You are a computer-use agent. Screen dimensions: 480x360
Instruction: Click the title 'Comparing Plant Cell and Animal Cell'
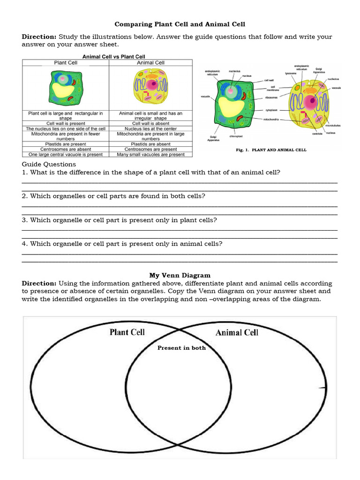click(180, 24)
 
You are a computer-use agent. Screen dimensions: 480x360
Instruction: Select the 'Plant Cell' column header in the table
click(66, 63)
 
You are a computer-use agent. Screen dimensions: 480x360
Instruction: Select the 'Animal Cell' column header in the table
click(150, 63)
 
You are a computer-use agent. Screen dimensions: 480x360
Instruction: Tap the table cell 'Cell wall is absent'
click(150, 123)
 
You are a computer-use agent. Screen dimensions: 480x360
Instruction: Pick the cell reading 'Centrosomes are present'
click(150, 149)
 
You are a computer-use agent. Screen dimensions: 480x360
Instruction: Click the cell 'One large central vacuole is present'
click(66, 154)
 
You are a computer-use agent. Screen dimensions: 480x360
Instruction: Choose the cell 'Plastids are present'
click(66, 144)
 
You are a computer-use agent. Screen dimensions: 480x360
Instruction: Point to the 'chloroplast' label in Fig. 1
click(236, 136)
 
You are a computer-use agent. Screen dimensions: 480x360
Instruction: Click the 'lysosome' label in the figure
click(291, 73)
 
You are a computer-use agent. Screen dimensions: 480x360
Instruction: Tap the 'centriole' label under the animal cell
click(317, 134)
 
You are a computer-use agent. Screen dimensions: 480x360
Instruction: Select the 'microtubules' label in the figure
click(333, 125)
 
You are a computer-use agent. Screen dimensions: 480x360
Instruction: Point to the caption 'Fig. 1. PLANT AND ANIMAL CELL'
click(271, 150)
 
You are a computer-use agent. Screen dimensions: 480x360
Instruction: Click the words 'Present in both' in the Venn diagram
click(181, 348)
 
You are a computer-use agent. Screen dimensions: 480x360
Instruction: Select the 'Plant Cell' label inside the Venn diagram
click(127, 332)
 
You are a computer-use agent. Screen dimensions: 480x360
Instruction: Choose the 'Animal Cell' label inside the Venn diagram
click(237, 332)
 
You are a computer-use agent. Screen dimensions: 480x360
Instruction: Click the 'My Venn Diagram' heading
click(180, 275)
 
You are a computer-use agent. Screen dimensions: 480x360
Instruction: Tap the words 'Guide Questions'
click(49, 164)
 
